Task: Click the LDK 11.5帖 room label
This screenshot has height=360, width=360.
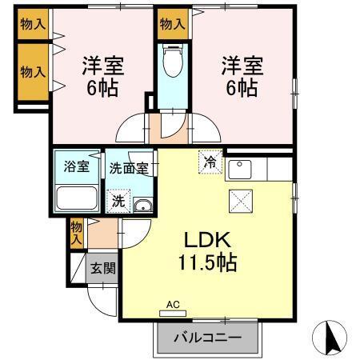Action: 209,250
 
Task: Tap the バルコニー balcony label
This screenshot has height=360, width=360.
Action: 209,338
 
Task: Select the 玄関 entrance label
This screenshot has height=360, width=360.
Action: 101,267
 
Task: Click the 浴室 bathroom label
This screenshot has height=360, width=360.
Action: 77,168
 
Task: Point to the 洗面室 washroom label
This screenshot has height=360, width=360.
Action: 128,168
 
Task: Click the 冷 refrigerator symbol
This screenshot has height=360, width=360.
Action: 210,161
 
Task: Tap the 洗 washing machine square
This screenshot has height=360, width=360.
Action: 118,201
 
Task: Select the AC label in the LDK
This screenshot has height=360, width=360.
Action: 174,304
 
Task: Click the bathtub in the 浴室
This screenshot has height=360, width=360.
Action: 77,198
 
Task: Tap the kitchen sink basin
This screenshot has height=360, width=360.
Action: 240,170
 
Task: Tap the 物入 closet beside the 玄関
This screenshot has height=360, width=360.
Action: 77,231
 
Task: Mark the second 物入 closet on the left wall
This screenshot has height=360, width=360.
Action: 32,71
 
